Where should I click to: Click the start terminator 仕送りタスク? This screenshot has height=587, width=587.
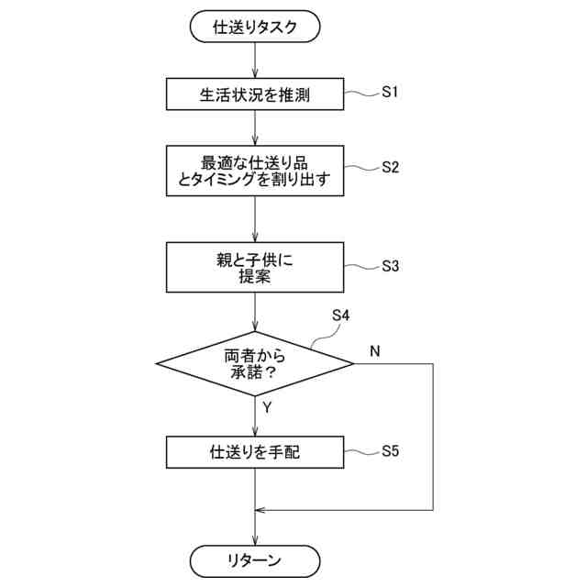254,28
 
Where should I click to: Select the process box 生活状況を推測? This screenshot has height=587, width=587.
254,93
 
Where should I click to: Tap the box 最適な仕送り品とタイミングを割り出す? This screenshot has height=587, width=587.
254,170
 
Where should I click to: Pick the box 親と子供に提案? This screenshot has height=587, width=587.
254,268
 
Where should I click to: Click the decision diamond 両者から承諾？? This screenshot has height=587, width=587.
254,363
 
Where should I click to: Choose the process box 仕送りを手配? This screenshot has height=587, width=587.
254,451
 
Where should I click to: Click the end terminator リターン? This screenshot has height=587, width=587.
254,559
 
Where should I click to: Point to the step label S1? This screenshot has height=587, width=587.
392,92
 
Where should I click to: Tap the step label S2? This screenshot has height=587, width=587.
392,169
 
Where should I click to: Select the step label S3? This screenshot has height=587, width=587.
392,267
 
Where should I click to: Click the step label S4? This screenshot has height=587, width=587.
340,316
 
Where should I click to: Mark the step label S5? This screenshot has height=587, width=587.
392,451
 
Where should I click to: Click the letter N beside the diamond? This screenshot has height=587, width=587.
375,351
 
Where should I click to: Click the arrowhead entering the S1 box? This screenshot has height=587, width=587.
254,74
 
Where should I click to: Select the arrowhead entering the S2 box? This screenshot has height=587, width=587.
254,140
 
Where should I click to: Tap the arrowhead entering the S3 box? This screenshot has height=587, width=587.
254,238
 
